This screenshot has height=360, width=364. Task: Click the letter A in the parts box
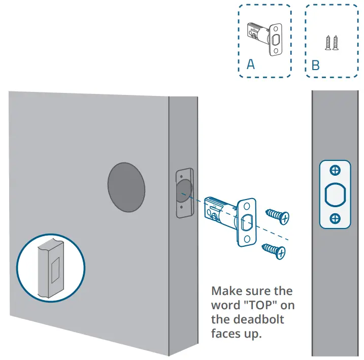pyautogui.click(x=250, y=64)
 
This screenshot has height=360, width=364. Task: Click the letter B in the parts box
pyautogui.click(x=315, y=66)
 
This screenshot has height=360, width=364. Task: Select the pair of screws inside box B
pyautogui.click(x=332, y=42)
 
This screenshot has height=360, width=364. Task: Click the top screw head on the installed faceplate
pyautogui.click(x=335, y=171)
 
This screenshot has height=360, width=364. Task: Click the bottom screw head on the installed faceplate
pyautogui.click(x=335, y=218)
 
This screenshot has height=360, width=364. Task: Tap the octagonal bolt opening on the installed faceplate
pyautogui.click(x=335, y=194)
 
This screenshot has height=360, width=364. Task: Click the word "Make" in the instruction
pyautogui.click(x=227, y=291)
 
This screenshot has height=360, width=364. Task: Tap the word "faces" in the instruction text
pyautogui.click(x=227, y=334)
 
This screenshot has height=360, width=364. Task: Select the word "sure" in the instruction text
pyautogui.click(x=261, y=291)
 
